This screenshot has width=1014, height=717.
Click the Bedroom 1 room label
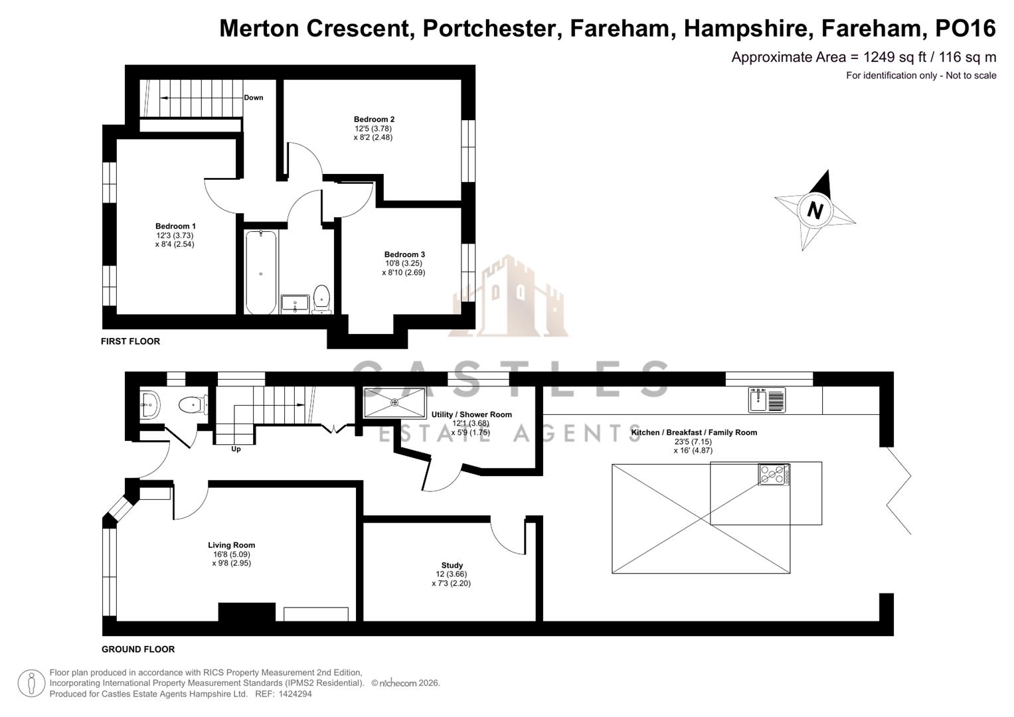pos(175,226)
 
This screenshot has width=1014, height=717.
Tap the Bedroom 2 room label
pos(374,119)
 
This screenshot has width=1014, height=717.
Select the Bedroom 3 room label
pos(404,254)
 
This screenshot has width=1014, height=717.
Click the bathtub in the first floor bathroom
pos(261,272)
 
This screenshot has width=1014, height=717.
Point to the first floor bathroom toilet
pos(321,298)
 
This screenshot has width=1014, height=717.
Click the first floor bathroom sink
pos(294,304)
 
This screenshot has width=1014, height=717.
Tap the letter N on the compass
pos(815,210)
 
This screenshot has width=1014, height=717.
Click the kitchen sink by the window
pos(767,400)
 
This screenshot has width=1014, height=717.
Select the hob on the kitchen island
pos(774,474)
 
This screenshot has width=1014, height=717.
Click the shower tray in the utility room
pos(394,402)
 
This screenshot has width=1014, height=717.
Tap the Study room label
pos(452,566)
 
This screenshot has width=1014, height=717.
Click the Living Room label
pos(231,545)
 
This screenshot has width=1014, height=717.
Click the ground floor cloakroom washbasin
pos(149,403)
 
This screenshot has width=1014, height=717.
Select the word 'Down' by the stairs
pos(253,98)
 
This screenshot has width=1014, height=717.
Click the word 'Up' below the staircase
pos(236,449)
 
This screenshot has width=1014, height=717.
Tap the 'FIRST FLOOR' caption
pos(130,341)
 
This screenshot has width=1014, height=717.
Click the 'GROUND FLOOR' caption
pos(138,649)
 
